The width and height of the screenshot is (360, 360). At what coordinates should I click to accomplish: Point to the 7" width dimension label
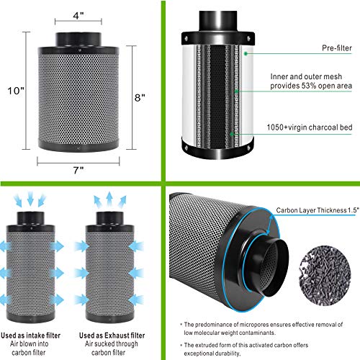[77, 170]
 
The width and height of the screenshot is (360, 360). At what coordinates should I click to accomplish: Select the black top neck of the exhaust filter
[109, 214]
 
